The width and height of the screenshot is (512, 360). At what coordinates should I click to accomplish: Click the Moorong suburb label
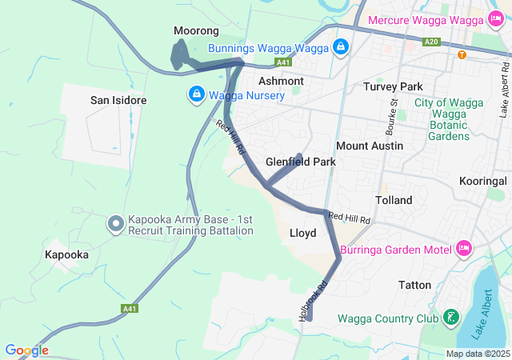196,31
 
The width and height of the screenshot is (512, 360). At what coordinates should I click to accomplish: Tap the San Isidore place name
118,100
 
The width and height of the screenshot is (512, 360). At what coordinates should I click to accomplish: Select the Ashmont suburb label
281,81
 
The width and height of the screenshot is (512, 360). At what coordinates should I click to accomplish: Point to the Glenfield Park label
301,162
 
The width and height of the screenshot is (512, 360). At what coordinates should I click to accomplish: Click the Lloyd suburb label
302,233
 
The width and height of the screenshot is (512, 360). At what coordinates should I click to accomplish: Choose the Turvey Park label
392,86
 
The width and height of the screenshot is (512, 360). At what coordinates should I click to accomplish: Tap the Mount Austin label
369,146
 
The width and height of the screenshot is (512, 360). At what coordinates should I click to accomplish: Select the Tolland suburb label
394,200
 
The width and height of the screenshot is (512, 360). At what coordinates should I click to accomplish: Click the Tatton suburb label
414,285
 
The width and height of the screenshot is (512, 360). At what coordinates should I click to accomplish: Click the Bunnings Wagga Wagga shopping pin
342,47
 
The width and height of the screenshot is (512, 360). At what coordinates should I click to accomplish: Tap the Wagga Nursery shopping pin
196,95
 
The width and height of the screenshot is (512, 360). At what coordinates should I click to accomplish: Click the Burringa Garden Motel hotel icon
463,248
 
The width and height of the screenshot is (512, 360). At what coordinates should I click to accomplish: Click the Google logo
26,350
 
